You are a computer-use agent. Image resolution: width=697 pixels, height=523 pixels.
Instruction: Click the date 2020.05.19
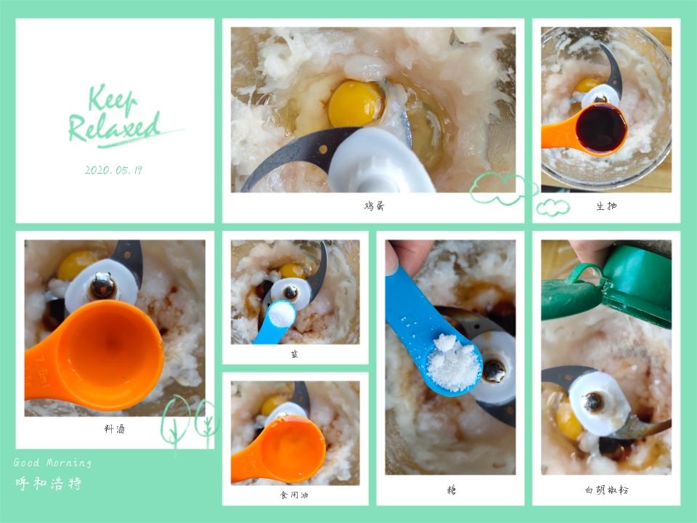(113, 170)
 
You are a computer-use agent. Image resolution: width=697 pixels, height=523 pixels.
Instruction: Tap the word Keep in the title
(112, 98)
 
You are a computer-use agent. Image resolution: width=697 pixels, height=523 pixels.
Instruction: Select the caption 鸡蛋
(374, 206)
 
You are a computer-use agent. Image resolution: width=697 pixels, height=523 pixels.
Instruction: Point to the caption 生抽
(606, 206)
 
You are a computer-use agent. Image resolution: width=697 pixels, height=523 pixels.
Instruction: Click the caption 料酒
(114, 429)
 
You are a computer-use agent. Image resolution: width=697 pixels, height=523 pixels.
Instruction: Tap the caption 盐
(295, 354)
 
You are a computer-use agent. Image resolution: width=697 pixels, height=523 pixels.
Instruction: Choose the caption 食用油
(294, 495)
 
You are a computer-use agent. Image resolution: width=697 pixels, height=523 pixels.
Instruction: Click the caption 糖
(451, 490)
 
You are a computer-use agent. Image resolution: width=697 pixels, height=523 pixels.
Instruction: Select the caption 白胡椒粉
(606, 490)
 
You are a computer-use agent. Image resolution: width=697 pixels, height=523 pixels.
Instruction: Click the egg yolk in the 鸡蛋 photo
(356, 103)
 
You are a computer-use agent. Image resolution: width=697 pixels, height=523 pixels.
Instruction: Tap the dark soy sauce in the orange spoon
(600, 128)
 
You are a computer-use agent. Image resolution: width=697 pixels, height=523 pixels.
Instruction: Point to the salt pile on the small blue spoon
(282, 314)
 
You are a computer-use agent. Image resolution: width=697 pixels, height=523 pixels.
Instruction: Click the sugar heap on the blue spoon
(453, 363)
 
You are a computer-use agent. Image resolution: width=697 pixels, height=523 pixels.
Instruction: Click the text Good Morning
(52, 463)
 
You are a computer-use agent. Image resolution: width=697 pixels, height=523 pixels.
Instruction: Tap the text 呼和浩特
(49, 483)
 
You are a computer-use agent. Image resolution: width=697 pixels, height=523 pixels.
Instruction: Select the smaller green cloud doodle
(553, 208)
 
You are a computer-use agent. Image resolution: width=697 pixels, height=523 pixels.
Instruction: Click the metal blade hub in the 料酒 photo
(103, 285)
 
